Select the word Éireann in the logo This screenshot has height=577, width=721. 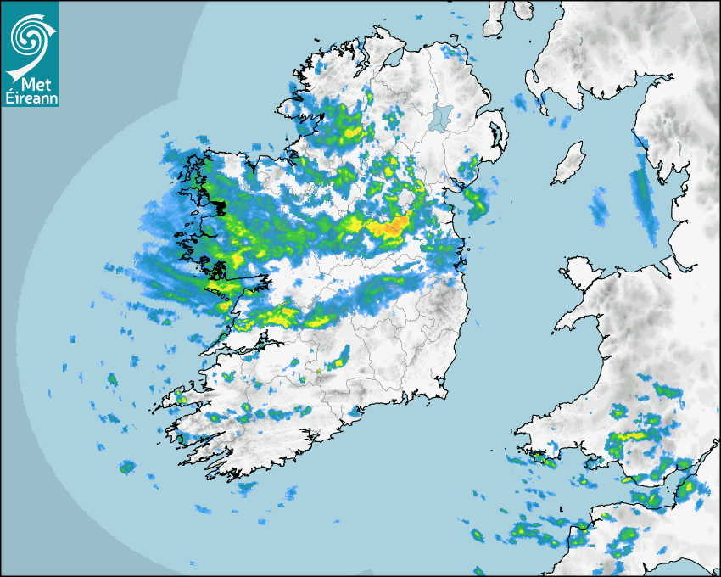(x=30, y=98)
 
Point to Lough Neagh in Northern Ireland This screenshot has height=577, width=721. (x=441, y=116)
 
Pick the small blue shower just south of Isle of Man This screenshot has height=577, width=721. (x=600, y=204)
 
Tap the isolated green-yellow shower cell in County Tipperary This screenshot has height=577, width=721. (x=341, y=358)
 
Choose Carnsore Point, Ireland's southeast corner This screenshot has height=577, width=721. (x=444, y=392)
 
